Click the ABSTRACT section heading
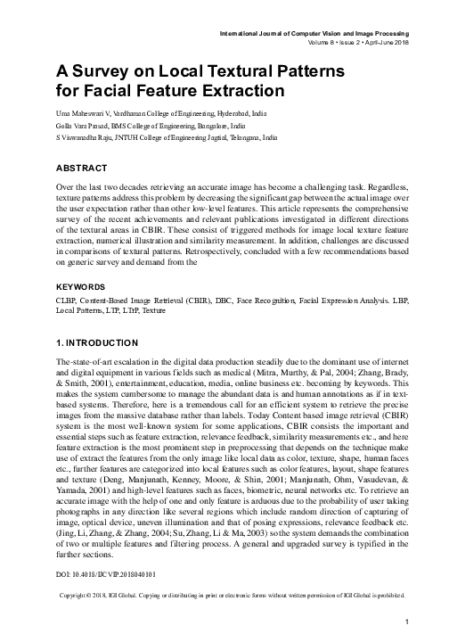click(82, 169)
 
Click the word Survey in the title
click(102, 70)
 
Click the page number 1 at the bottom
click(406, 621)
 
